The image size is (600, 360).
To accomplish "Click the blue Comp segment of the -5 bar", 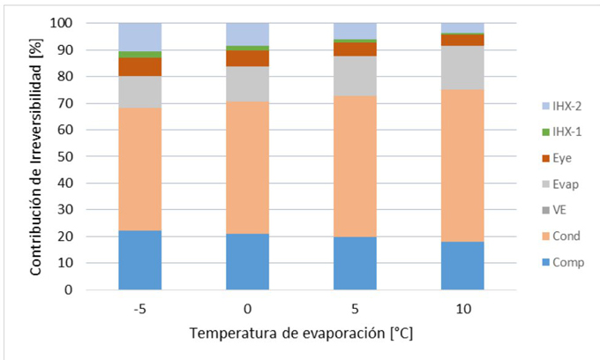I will click(x=139, y=260).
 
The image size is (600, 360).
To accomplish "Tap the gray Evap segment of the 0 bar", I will click(x=247, y=84).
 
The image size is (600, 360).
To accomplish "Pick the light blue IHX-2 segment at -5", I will click(x=139, y=37).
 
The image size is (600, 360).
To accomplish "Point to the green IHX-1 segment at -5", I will click(x=139, y=55).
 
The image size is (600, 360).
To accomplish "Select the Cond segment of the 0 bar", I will click(x=247, y=168).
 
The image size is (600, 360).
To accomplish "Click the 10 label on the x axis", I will click(x=462, y=308).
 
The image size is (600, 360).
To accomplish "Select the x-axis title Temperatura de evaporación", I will click(x=300, y=335).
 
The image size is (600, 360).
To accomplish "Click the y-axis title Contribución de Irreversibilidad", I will click(x=36, y=156).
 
